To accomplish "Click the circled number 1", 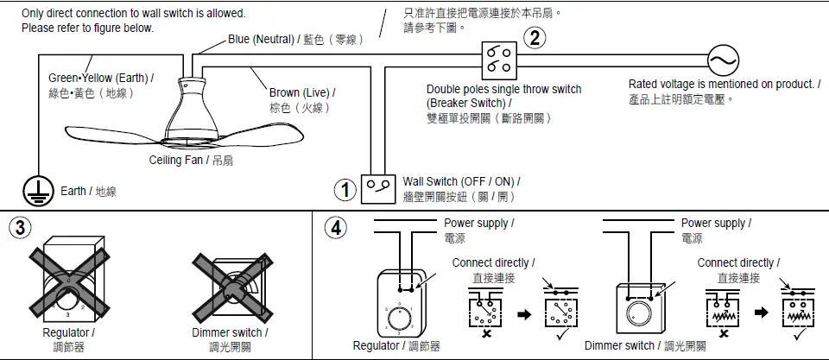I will (345, 189).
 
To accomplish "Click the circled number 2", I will (535, 38).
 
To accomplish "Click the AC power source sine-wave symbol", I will (723, 60).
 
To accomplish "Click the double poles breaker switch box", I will (498, 60).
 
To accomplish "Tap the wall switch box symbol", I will (378, 186).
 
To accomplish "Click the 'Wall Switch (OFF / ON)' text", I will (461, 181).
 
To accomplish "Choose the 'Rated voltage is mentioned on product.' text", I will (724, 84).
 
